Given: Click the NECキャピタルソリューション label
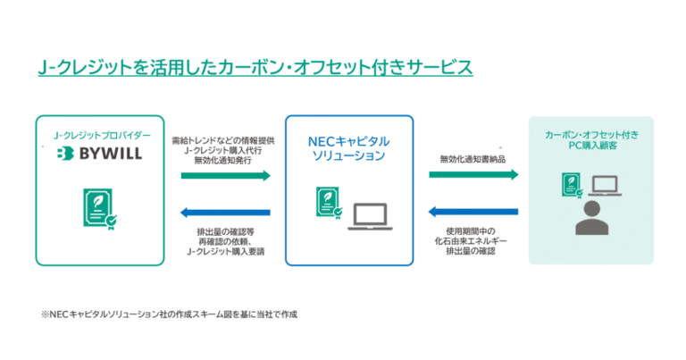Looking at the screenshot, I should (348, 148).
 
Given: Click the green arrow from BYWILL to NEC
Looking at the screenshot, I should (224, 176).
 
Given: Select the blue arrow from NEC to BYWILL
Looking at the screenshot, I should (224, 213).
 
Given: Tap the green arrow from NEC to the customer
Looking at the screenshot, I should (473, 175).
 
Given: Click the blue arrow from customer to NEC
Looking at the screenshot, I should (473, 213).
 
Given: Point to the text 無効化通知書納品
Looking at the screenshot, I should (473, 159).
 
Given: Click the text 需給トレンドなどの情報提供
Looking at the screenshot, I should (224, 139).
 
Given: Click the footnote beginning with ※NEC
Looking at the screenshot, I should (167, 314).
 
